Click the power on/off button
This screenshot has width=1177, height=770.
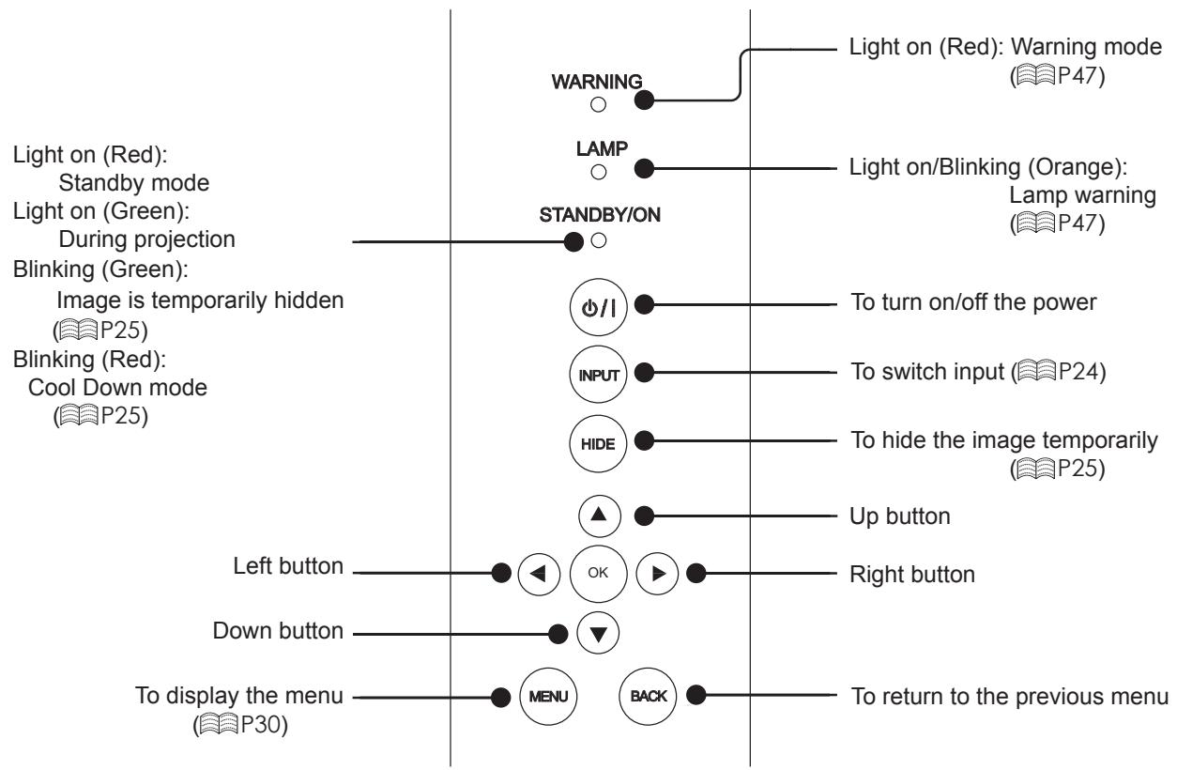pos(598,307)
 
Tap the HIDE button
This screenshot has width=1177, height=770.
pos(598,444)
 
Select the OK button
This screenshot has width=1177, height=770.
pos(598,574)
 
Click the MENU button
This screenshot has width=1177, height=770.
pos(548,697)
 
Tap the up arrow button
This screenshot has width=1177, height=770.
pos(599,516)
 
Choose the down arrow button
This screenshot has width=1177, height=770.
pos(598,633)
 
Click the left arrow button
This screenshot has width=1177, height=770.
pos(539,574)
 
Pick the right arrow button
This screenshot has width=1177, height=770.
pos(657,574)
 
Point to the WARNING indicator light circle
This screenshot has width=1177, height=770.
pos(598,104)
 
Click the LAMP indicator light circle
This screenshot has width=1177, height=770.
pos(599,172)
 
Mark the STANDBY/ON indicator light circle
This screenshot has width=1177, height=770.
pos(599,240)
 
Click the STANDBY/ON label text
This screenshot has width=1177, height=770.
pos(600,215)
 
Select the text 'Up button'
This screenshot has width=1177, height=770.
pos(899,516)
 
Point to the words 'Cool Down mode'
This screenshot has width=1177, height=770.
pos(117,388)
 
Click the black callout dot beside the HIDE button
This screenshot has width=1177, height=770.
pos(644,440)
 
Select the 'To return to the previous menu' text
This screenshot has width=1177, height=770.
pos(1009,697)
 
